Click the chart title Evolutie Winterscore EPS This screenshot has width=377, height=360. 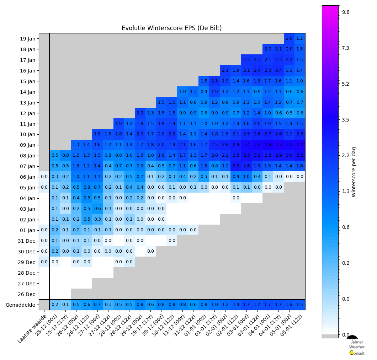171,28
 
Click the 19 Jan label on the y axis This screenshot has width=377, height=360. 28,38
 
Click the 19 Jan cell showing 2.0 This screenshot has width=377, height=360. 289,38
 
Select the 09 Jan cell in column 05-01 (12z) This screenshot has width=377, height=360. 300,145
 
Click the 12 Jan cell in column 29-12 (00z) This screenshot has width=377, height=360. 140,113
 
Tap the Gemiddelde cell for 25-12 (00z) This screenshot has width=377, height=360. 55,305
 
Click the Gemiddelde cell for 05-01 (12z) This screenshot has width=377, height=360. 300,305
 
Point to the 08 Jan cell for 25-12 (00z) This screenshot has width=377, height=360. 55,156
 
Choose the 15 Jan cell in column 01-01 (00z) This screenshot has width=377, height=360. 204,81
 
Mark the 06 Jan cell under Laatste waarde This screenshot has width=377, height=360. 44,177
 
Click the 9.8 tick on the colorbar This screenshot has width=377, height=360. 346,12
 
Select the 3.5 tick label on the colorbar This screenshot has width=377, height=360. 346,120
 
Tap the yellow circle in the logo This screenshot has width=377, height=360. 352,353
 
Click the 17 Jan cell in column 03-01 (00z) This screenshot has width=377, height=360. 246,60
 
